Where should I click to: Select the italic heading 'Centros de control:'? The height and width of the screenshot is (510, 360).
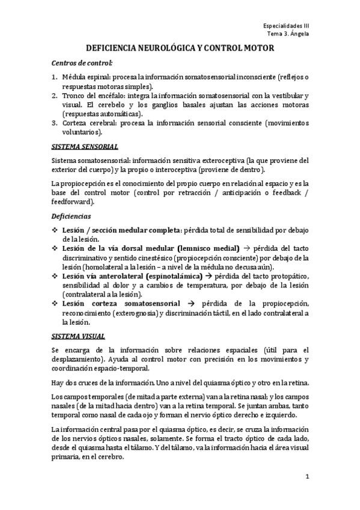(x=82, y=63)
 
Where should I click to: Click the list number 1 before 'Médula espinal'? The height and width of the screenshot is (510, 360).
(x=54, y=78)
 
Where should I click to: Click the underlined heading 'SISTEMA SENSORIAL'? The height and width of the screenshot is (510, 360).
(x=85, y=146)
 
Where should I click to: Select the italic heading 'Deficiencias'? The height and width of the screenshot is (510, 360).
(x=72, y=215)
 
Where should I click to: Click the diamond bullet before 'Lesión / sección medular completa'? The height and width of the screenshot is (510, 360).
(x=55, y=230)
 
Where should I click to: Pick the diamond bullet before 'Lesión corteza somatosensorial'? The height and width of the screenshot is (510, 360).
(x=55, y=304)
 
